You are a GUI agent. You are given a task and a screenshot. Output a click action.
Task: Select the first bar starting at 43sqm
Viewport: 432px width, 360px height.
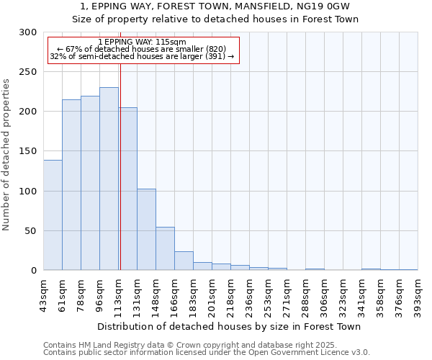[53, 215]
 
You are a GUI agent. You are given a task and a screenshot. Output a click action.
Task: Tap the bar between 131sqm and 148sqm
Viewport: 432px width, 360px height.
[146, 229]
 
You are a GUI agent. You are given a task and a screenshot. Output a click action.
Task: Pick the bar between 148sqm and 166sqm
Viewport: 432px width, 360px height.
[165, 248]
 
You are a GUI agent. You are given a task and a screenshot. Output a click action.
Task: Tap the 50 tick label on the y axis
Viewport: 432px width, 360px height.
[31, 231]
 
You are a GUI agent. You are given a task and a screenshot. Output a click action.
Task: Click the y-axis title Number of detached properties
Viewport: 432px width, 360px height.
[7, 155]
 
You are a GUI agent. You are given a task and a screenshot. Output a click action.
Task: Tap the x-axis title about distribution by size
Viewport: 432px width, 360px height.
[228, 326]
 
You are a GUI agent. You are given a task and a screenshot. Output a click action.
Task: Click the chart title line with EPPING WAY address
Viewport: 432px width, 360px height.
[215, 6]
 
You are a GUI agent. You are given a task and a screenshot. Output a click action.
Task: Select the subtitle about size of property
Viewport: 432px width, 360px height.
[215, 19]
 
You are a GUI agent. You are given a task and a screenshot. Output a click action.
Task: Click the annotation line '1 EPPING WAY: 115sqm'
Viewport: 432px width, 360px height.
[142, 42]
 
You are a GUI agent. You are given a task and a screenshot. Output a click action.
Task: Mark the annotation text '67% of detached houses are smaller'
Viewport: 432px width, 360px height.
[141, 49]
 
